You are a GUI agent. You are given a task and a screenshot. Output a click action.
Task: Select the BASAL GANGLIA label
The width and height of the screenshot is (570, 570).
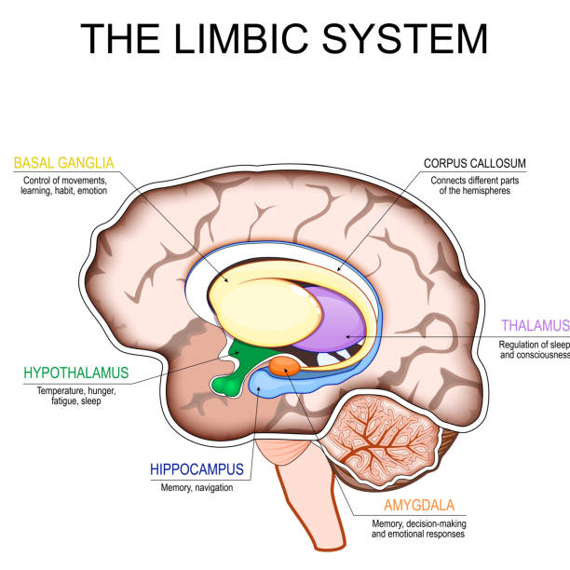tap(63, 163)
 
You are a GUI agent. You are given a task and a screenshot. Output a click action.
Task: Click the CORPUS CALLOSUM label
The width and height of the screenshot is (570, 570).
tap(474, 163)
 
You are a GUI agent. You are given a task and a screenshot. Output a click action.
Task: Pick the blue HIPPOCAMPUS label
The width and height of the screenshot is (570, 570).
tap(197, 470)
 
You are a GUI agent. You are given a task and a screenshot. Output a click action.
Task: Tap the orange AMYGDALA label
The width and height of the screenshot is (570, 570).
tap(418, 506)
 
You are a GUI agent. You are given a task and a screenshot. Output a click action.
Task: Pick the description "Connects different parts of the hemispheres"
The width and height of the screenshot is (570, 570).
tap(473, 184)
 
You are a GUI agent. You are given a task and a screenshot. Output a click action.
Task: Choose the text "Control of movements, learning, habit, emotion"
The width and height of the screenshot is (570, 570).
tap(63, 184)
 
